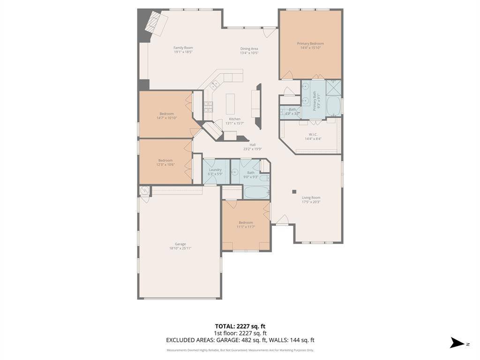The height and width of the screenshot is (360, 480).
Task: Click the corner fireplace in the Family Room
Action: [156, 23]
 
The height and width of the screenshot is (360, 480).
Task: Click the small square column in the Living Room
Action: [294, 191]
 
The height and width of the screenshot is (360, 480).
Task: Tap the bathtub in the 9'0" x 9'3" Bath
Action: [256, 192]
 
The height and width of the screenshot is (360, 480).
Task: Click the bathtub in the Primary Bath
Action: [334, 106]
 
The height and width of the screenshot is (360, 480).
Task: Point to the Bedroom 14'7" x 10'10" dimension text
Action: [166, 118]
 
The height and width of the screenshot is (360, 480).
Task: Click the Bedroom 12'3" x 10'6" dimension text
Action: [165, 165]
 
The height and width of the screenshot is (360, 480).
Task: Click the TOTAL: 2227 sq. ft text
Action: [240, 326]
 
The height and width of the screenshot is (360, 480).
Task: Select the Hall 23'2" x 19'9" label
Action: [252, 147]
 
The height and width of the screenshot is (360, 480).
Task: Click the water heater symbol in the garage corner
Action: [145, 190]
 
